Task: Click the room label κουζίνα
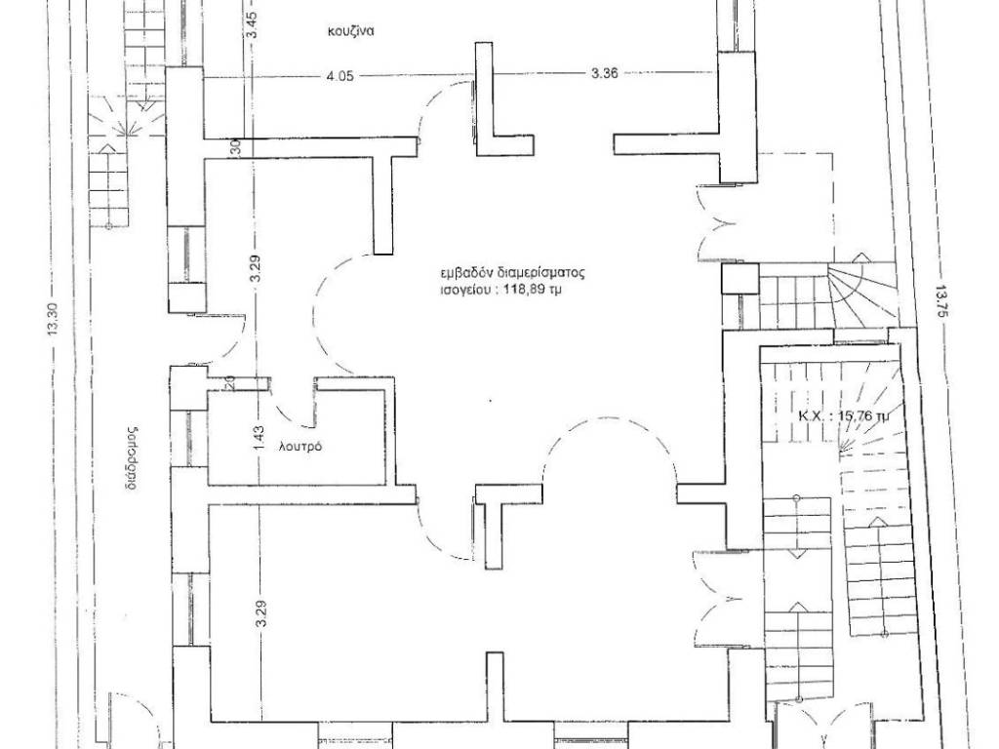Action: coord(351,31)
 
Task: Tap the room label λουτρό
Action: coord(300,447)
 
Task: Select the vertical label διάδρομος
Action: coord(132,456)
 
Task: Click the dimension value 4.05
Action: coord(340,76)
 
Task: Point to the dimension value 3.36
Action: coord(605,73)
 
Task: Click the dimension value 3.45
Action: coord(253,24)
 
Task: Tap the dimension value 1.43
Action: coord(258,440)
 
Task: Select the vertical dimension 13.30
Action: coord(54,319)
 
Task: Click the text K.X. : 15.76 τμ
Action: coord(844,417)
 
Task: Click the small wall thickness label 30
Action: coord(235,148)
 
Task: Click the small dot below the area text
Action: coord(490,401)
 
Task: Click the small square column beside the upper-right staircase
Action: coord(740,279)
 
